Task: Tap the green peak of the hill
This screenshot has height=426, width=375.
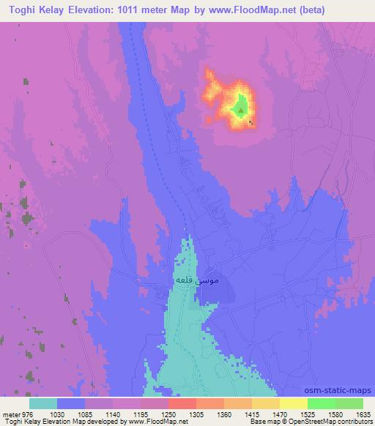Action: [240, 111]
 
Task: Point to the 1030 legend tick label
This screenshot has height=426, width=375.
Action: [56, 414]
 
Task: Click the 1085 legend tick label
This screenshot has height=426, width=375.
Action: [84, 414]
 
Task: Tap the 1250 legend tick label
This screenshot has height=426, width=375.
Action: [169, 414]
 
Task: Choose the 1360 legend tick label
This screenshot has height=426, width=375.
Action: [225, 414]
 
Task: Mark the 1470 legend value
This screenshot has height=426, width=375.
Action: [281, 414]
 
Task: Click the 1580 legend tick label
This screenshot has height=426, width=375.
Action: [336, 414]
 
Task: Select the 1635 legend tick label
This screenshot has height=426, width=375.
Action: [361, 414]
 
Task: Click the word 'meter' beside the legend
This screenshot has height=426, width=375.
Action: [10, 414]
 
